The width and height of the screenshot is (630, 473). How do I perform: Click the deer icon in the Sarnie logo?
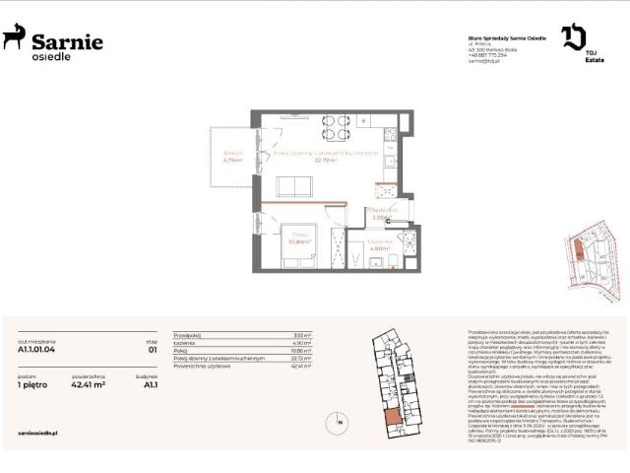pos(14,37)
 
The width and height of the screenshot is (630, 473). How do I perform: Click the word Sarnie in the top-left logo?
pos(67,40)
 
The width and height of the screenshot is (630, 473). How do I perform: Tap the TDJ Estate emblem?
pos(573,37)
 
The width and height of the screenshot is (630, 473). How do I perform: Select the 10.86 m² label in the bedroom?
pos(300,238)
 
